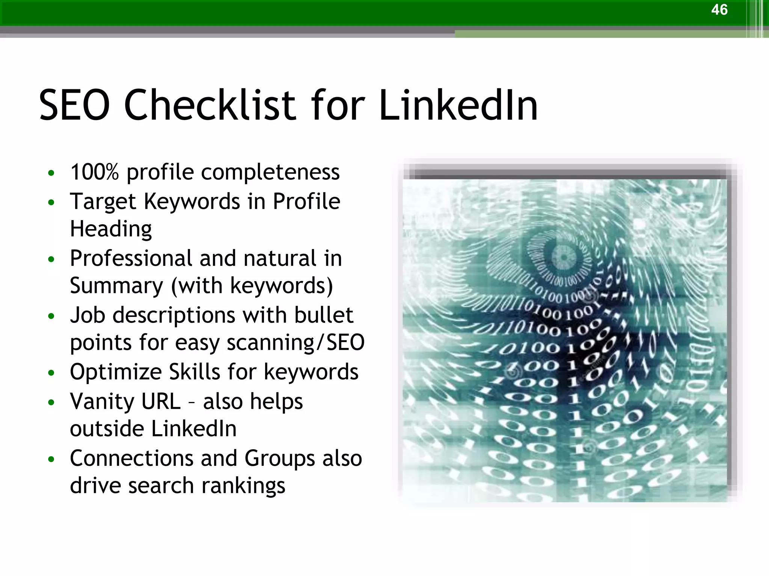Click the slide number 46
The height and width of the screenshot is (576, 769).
[719, 10]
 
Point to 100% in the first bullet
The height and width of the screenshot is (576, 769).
[94, 172]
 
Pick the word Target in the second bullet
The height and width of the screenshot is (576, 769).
[103, 202]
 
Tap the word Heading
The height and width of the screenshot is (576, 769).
[111, 229]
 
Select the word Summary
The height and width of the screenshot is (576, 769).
[116, 286]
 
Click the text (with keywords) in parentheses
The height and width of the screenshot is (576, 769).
[252, 286]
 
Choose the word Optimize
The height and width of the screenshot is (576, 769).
[115, 372]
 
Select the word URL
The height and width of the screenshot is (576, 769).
[160, 402]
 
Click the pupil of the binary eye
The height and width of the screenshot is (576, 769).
[563, 258]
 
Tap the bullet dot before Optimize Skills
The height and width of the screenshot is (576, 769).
[51, 373]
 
